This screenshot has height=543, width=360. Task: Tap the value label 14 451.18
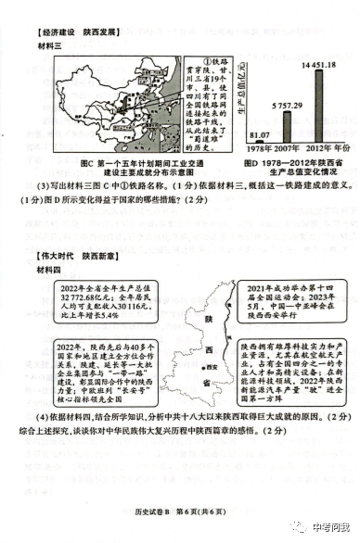coord(314,65)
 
